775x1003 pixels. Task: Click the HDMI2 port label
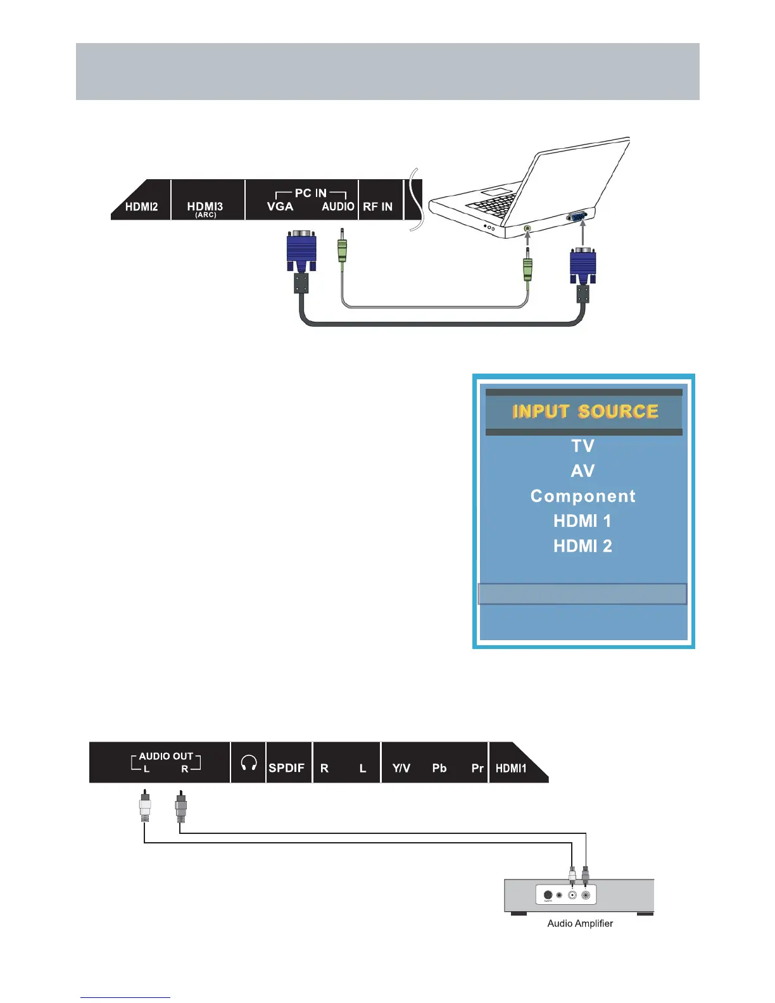[141, 206]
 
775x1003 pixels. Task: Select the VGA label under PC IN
[280, 206]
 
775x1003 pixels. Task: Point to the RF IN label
[377, 206]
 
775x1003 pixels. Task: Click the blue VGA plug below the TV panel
[301, 251]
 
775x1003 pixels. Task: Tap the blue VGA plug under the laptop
[583, 265]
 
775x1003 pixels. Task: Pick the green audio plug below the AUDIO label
[342, 251]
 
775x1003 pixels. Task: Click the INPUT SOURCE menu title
[585, 412]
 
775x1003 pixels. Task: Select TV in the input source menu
[583, 446]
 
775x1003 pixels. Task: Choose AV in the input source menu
[583, 471]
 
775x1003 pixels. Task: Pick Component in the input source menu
[583, 496]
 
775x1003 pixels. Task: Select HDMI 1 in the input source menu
[583, 521]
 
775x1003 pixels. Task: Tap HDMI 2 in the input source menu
[583, 546]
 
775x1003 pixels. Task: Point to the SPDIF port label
[286, 768]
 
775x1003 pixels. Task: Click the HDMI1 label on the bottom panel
[511, 768]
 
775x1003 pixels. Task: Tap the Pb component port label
[439, 768]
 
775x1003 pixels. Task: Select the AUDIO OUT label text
[166, 756]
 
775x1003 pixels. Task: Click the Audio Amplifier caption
[580, 923]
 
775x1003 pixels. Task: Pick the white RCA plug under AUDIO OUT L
[145, 808]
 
